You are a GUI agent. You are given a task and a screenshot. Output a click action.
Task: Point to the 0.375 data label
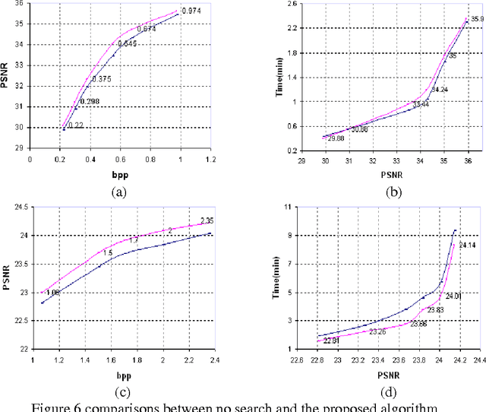[102, 79]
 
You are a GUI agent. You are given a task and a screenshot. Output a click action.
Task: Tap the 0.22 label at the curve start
[76, 125]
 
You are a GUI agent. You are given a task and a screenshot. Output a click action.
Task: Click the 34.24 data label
[440, 90]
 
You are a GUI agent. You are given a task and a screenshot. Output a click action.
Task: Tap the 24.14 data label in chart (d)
[465, 246]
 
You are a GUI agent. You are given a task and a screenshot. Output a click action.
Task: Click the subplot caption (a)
[118, 192]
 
